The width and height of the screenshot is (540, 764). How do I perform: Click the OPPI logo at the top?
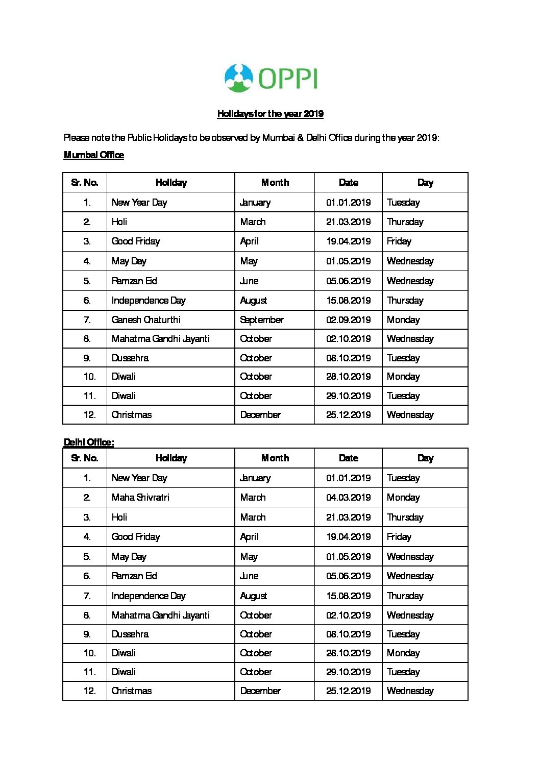click(x=271, y=78)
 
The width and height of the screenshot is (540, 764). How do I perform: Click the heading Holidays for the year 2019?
click(x=270, y=114)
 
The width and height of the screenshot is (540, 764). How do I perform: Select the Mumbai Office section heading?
click(x=94, y=155)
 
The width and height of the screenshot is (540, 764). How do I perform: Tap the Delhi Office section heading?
click(x=89, y=442)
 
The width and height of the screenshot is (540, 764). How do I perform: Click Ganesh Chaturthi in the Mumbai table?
click(x=146, y=320)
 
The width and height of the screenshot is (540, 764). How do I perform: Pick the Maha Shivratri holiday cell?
click(x=140, y=498)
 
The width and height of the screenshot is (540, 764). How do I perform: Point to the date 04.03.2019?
click(x=348, y=498)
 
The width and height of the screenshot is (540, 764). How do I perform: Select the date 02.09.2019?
click(x=348, y=320)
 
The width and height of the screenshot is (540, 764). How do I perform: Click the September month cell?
click(x=262, y=320)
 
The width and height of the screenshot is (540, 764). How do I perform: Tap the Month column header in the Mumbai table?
click(x=275, y=183)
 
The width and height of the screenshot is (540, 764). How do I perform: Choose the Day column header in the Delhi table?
click(x=425, y=458)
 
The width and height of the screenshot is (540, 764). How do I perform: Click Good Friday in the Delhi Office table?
click(x=136, y=537)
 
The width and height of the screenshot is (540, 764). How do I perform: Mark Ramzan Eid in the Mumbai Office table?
click(x=134, y=281)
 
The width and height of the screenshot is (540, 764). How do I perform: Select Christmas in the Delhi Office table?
click(x=132, y=691)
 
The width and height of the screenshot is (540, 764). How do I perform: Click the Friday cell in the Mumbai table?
click(x=399, y=241)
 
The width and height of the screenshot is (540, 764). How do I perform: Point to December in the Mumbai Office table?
click(x=260, y=415)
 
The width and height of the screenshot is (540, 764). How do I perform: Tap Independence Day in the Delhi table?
click(x=149, y=596)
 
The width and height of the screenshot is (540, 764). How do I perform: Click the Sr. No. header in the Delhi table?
click(x=85, y=458)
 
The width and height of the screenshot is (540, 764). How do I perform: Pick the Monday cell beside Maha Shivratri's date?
click(x=403, y=498)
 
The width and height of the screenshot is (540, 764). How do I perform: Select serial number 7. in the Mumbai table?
click(x=87, y=320)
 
